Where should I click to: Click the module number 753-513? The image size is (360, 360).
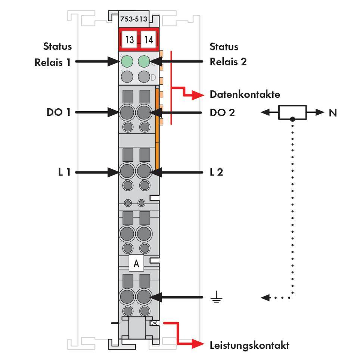(133, 19)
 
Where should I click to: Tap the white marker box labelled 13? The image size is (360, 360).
(129, 40)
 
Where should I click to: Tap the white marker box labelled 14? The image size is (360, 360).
(149, 40)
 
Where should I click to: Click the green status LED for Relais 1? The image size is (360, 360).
(127, 61)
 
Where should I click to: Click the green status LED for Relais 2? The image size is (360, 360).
(144, 61)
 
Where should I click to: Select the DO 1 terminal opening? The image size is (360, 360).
(127, 112)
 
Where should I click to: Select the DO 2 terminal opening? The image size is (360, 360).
(144, 112)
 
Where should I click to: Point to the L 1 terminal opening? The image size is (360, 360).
(127, 172)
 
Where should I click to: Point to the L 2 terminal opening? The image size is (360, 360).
(144, 172)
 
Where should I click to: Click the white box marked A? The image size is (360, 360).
(136, 263)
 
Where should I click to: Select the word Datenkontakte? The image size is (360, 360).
(245, 94)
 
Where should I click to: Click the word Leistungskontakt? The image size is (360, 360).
(249, 345)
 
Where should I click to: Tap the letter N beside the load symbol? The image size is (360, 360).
(332, 112)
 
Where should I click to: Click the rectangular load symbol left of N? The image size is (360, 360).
(292, 112)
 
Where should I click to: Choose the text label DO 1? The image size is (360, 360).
(58, 112)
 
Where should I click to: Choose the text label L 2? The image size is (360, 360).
(216, 172)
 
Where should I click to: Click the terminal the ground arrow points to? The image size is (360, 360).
(144, 297)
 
